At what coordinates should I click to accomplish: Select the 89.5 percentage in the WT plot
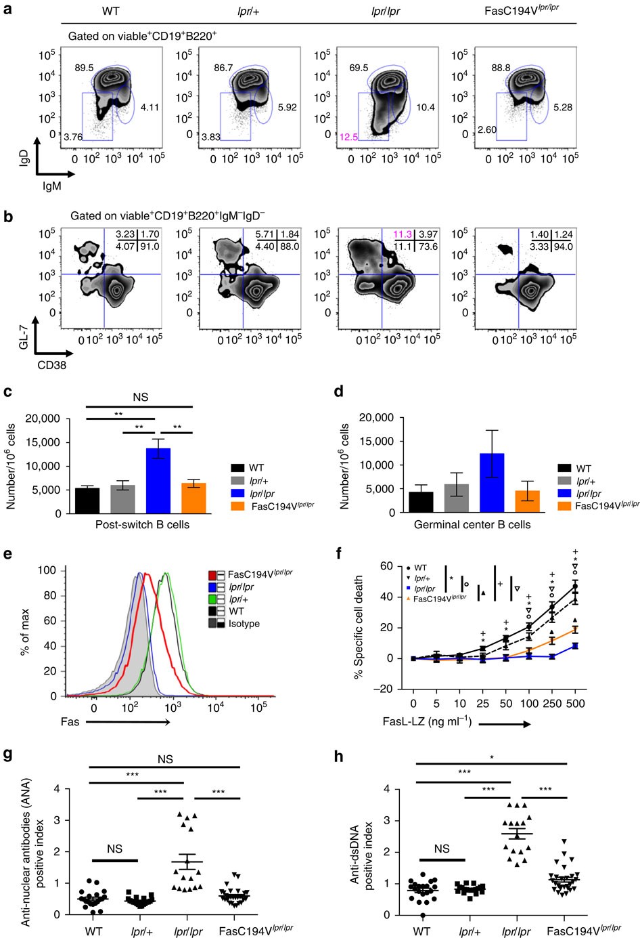84,68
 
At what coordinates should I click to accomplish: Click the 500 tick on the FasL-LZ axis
575,704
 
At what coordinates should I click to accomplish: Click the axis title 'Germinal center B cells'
472,524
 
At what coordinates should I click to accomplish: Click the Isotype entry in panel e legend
244,624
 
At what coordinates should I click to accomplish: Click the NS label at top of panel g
165,760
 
